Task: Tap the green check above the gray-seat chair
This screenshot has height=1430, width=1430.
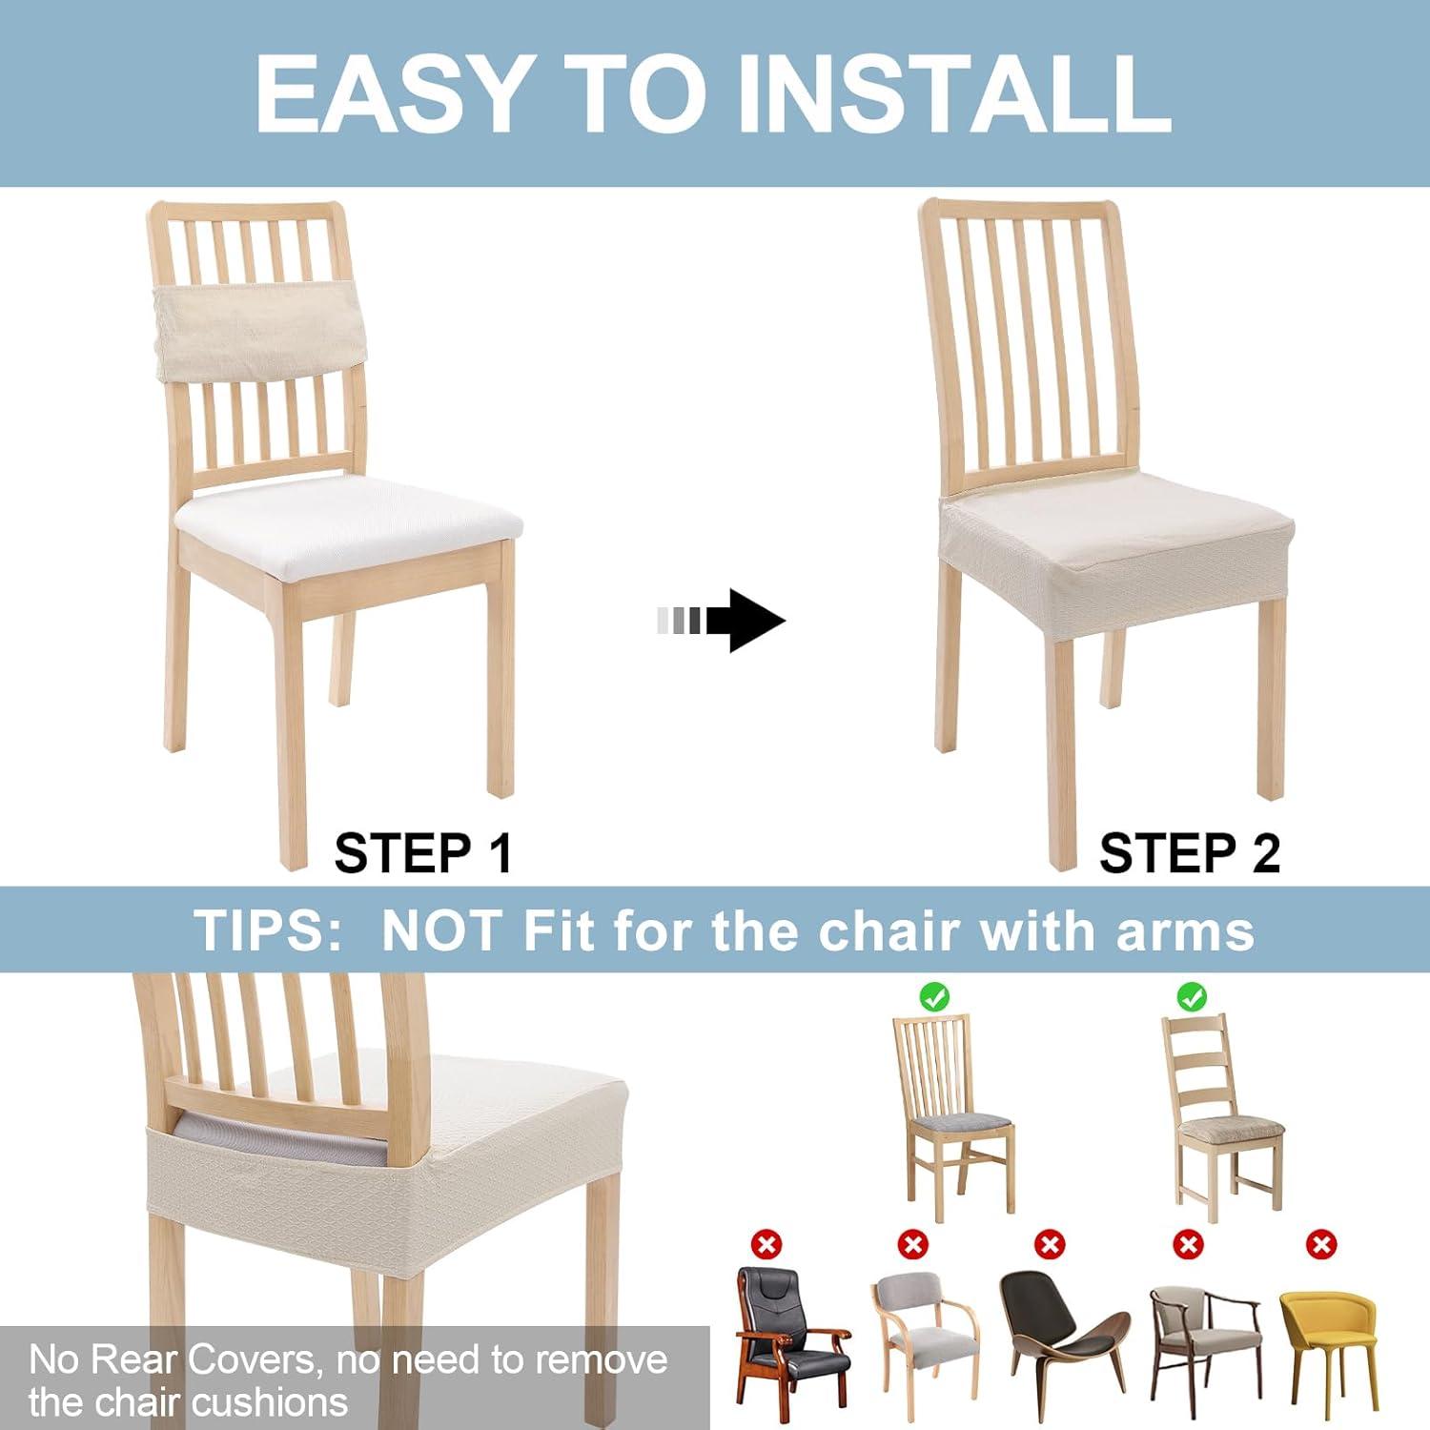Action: point(934,997)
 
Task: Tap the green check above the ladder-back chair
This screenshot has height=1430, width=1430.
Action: point(1191,997)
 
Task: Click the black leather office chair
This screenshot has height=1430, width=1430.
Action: point(789,1335)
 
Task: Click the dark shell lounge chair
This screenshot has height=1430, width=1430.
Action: point(1060,1335)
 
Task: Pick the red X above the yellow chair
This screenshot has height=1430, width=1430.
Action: point(1321,1244)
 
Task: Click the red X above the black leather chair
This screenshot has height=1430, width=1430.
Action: point(766,1244)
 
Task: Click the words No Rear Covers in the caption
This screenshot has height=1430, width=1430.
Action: point(172,1359)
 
